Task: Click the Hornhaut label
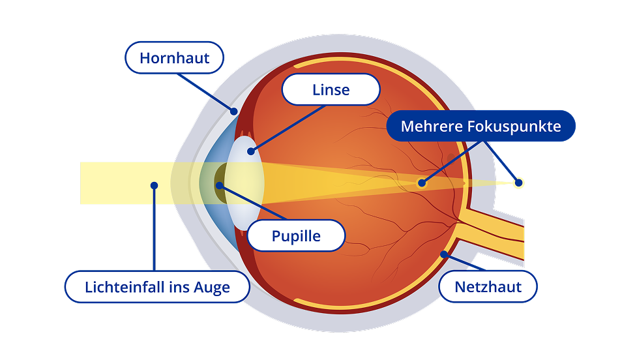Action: (x=174, y=58)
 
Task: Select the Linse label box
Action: (x=331, y=89)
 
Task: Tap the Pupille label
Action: (x=296, y=235)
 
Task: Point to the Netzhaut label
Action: (x=488, y=286)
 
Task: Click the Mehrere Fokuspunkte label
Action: (x=480, y=126)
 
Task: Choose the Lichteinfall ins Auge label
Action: (x=157, y=287)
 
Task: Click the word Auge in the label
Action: (x=211, y=288)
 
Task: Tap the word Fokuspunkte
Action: (x=516, y=126)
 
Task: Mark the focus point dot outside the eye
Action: (x=519, y=182)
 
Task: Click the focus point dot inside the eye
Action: (x=422, y=183)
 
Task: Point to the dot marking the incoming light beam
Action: (x=154, y=185)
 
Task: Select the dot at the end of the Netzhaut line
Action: (x=444, y=254)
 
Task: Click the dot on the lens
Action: (x=251, y=152)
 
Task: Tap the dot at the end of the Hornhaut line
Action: (x=233, y=111)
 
